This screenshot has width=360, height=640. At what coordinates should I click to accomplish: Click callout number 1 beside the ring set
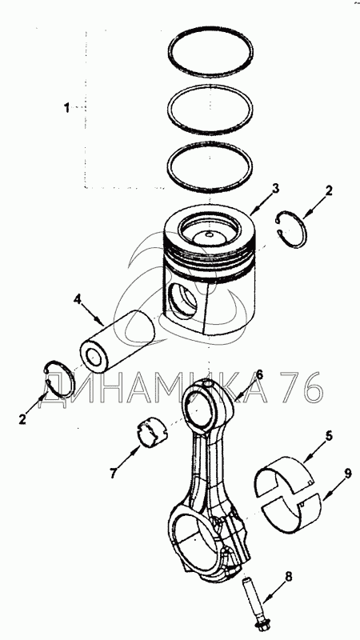[66, 109]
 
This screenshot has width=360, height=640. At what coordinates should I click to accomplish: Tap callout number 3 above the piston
[275, 189]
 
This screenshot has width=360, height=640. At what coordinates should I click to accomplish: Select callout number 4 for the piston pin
[77, 299]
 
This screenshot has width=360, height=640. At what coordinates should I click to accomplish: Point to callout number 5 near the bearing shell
[329, 435]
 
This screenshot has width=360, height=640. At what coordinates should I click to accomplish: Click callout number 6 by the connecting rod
[259, 374]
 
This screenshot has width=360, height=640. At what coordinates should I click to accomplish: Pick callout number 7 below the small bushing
[114, 473]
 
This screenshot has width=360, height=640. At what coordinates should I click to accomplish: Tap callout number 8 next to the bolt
[289, 577]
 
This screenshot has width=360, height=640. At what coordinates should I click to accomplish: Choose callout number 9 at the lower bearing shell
[347, 474]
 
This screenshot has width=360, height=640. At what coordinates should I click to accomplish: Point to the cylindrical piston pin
[118, 340]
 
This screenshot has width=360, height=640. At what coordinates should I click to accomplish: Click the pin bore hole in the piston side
[182, 301]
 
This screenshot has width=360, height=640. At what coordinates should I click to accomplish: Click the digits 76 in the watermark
[302, 387]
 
